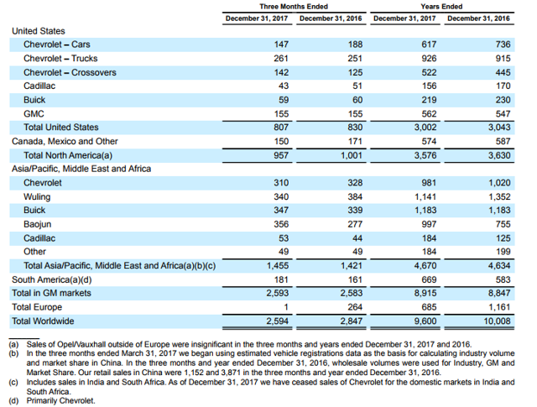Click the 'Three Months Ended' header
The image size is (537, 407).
pyautogui.click(x=294, y=7)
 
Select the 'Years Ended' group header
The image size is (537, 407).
pyautogui.click(x=441, y=7)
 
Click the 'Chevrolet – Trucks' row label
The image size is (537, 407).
pyautogui.click(x=60, y=59)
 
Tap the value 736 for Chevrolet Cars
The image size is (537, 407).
pyautogui.click(x=503, y=44)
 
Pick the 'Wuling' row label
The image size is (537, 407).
pyautogui.click(x=37, y=197)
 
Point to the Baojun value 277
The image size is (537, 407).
pyautogui.click(x=355, y=224)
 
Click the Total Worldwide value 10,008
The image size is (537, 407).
pyautogui.click(x=498, y=321)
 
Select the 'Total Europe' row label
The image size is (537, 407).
pyautogui.click(x=37, y=307)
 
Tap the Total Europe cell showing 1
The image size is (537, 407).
pyautogui.click(x=286, y=307)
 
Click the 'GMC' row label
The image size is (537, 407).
pyautogui.click(x=34, y=114)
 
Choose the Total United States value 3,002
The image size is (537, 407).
pyautogui.click(x=425, y=128)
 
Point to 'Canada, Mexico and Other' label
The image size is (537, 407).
pyautogui.click(x=65, y=141)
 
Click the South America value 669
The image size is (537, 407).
pyautogui.click(x=429, y=279)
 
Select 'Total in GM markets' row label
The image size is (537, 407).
pyautogui.click(x=51, y=293)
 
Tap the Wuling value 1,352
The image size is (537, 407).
pyautogui.click(x=499, y=197)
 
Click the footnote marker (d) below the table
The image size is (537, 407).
pyautogui.click(x=13, y=400)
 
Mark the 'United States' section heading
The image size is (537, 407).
pyautogui.click(x=39, y=31)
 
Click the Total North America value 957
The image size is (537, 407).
pyautogui.click(x=281, y=155)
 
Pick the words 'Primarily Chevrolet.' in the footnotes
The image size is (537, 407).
pyautogui.click(x=61, y=400)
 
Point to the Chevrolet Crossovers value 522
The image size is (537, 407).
pyautogui.click(x=429, y=73)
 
